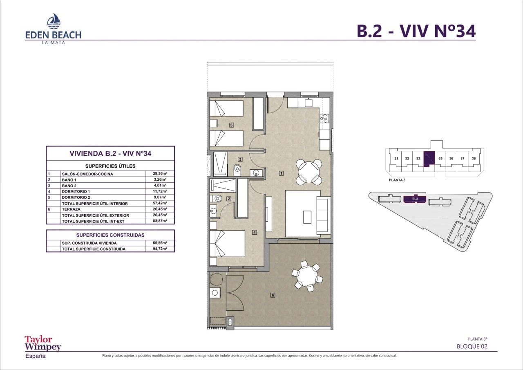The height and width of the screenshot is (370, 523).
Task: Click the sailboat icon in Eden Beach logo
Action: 54,21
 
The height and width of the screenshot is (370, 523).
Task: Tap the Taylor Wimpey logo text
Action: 43,343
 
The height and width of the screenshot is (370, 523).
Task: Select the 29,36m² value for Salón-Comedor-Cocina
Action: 160,174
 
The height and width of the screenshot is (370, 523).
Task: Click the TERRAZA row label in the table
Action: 71,209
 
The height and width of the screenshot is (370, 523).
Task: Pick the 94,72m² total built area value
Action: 160,249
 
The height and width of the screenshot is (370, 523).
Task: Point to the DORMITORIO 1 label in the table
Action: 76,191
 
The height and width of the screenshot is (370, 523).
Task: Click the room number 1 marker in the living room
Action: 282,173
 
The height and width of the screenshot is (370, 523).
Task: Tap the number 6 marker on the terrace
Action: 273,295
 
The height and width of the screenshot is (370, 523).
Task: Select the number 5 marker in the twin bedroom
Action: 231,125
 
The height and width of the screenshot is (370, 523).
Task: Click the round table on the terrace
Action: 307,276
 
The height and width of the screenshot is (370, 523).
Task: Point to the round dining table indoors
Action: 309,172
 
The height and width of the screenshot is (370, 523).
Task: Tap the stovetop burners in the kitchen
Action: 324,118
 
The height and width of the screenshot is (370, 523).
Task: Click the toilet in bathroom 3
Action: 237,170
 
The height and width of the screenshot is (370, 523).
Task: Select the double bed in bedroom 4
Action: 227,244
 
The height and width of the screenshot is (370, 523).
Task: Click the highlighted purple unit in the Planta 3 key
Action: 429,159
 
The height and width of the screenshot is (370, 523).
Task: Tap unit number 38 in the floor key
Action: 474,158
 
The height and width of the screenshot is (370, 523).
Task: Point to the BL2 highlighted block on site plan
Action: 415,199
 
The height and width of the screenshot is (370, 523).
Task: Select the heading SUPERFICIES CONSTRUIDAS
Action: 110,235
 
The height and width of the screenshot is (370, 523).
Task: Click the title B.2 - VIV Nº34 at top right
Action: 416,31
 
